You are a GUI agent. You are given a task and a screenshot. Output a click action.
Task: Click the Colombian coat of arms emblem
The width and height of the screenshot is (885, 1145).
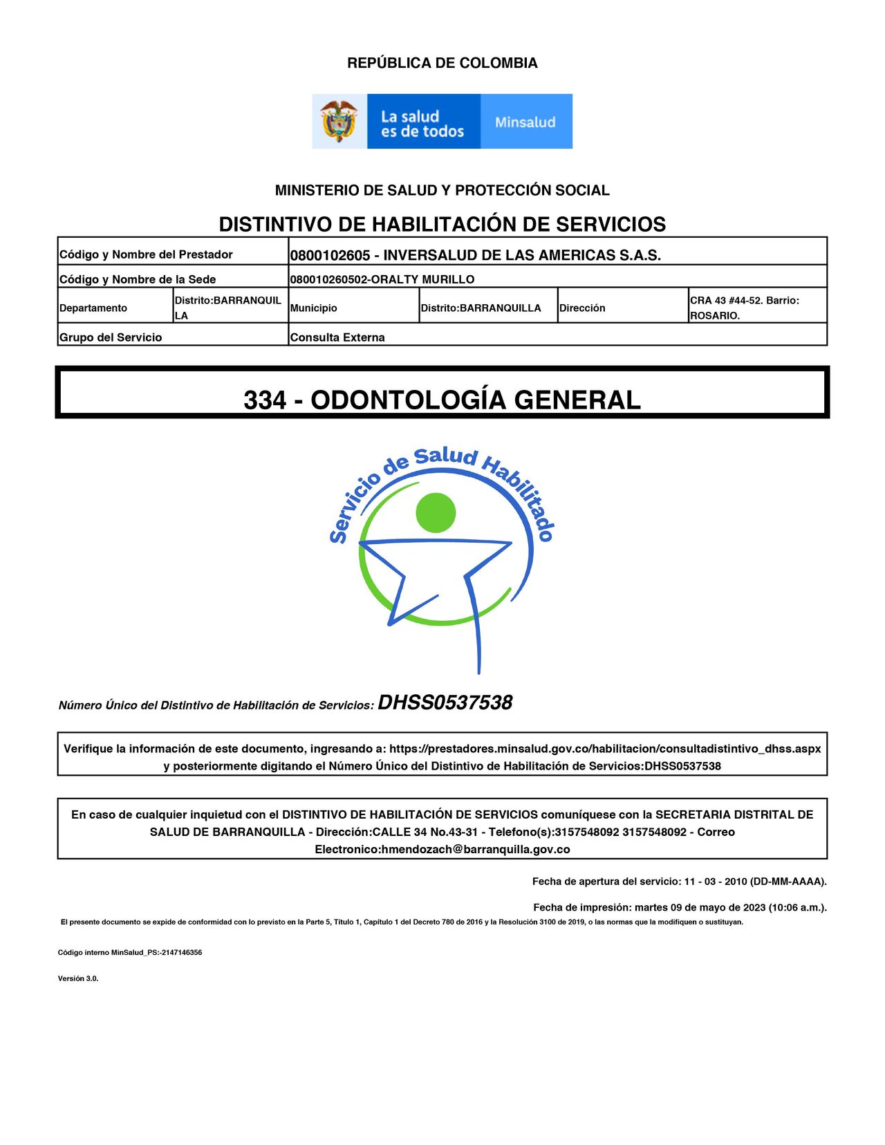[x=339, y=122]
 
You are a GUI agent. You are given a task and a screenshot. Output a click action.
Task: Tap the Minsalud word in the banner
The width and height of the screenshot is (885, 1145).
[x=525, y=122]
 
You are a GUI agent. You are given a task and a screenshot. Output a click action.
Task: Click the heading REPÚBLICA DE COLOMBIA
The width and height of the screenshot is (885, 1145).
[x=442, y=63]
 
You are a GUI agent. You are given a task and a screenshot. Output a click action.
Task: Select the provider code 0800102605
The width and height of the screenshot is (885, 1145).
[x=330, y=255]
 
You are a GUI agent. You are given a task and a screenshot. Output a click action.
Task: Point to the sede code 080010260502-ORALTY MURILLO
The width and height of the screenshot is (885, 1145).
[x=382, y=279]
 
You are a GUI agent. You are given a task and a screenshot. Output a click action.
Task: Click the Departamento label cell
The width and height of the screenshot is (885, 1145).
[x=93, y=308]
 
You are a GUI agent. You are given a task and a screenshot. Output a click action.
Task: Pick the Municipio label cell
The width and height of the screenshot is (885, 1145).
[x=314, y=308]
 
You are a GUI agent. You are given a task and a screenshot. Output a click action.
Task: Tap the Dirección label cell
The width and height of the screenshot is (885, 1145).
[x=582, y=308]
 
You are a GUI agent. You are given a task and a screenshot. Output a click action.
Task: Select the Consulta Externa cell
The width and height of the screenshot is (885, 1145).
[x=337, y=337]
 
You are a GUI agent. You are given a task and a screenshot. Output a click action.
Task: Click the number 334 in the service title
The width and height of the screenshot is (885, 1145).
[x=264, y=400]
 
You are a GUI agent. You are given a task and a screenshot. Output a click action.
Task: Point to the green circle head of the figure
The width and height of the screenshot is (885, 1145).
[x=436, y=513]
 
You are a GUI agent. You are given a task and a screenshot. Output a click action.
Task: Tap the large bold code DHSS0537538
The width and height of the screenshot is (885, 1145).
[x=445, y=703]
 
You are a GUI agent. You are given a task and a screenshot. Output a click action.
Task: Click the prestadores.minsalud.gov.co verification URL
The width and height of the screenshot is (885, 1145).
[x=605, y=749]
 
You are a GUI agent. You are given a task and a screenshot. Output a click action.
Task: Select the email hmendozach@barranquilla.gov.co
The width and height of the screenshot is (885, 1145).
[x=476, y=849]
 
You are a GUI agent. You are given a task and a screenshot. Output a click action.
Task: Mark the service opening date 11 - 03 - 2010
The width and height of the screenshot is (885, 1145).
[x=716, y=882]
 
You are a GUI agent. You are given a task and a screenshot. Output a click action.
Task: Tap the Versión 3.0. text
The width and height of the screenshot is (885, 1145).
[x=78, y=978]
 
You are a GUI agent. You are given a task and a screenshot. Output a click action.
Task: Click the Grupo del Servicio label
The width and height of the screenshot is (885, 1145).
[x=111, y=337]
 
